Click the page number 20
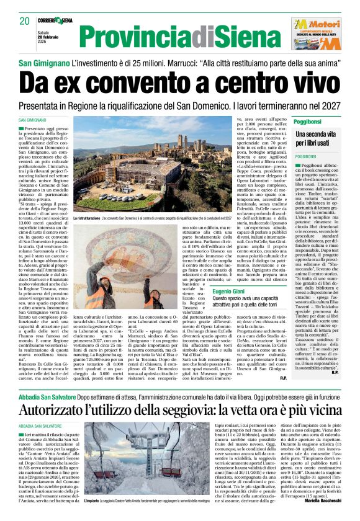pyautogui.click(x=25, y=22)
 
